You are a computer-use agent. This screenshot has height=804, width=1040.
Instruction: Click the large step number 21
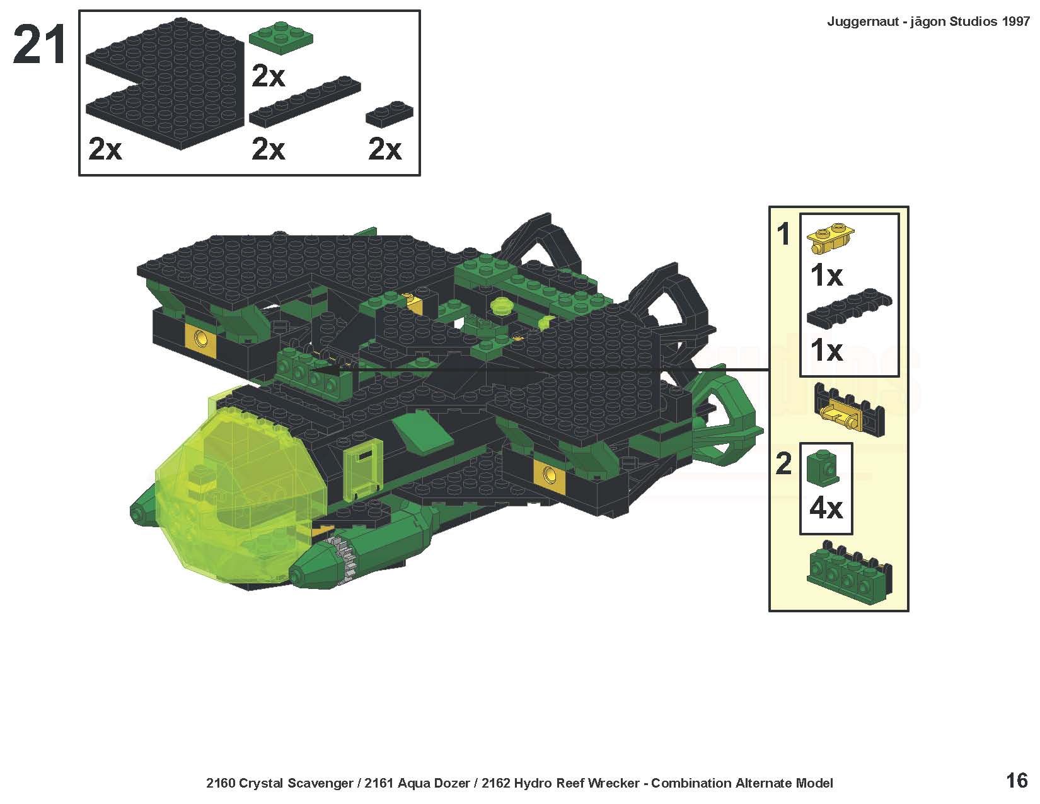tap(39, 45)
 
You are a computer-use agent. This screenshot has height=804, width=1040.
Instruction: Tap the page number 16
tap(1017, 781)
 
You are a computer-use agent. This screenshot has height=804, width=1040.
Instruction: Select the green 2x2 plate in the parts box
tap(281, 37)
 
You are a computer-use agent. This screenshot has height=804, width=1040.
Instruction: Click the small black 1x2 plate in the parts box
tap(389, 114)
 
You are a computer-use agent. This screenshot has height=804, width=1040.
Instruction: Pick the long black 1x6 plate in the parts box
tap(305, 101)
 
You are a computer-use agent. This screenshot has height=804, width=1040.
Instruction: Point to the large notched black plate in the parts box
tap(165, 84)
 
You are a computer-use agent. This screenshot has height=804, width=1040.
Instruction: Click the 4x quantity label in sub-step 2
tap(826, 508)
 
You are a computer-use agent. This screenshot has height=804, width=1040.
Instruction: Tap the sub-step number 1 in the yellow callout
tap(783, 235)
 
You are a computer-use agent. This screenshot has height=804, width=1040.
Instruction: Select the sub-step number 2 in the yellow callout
tap(783, 463)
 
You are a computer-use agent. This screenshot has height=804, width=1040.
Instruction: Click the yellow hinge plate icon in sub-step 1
tap(830, 238)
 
